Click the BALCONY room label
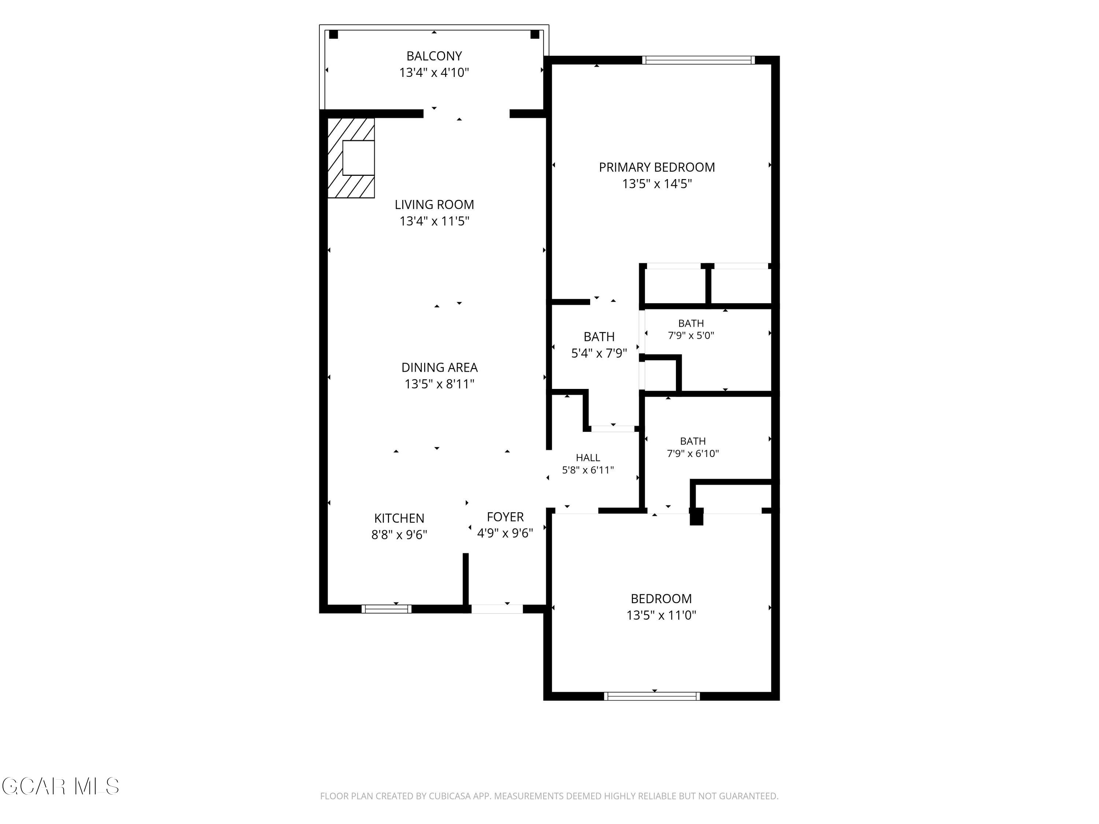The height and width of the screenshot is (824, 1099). [434, 56]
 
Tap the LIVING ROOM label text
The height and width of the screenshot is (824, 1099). [434, 205]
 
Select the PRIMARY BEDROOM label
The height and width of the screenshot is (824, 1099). [657, 167]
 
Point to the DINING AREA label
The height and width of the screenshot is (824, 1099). [439, 368]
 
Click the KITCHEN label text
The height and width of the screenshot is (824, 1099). [399, 519]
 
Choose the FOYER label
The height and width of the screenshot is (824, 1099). [505, 517]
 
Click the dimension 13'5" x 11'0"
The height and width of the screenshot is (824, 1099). [661, 615]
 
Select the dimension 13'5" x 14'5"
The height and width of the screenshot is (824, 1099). [657, 184]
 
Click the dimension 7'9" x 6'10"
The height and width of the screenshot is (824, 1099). [693, 453]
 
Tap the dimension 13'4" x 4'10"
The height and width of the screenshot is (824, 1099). [434, 73]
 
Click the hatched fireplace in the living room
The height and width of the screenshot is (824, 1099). [351, 158]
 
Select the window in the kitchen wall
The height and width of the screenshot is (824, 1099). [386, 609]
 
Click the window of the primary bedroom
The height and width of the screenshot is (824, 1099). [699, 60]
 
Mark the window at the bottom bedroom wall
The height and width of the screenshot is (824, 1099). [652, 696]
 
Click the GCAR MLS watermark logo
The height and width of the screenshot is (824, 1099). [60, 786]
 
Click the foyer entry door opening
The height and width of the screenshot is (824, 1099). [497, 609]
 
